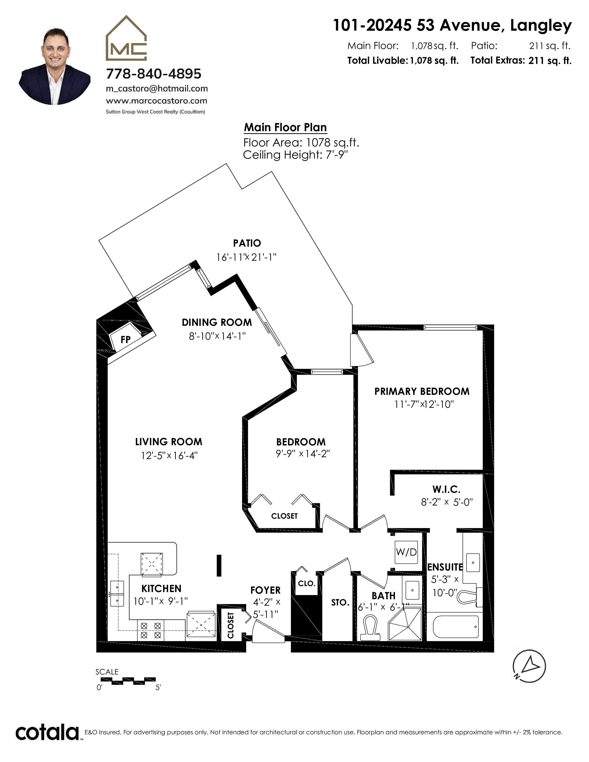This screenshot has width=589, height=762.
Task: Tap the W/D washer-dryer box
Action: click(406, 552)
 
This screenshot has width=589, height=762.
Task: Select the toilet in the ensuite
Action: click(469, 596)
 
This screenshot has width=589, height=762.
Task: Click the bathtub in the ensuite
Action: click(455, 627)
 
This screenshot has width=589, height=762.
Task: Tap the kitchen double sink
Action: click(117, 593)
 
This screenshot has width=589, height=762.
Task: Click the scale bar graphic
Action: click(128, 680)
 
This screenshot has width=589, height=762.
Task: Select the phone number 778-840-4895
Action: click(154, 74)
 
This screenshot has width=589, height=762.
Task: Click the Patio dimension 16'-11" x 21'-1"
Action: click(246, 257)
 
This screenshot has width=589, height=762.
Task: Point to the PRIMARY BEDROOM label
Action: click(422, 391)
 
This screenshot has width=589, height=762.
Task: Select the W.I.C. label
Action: click(446, 490)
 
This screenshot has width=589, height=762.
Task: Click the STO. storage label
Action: click(340, 602)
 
